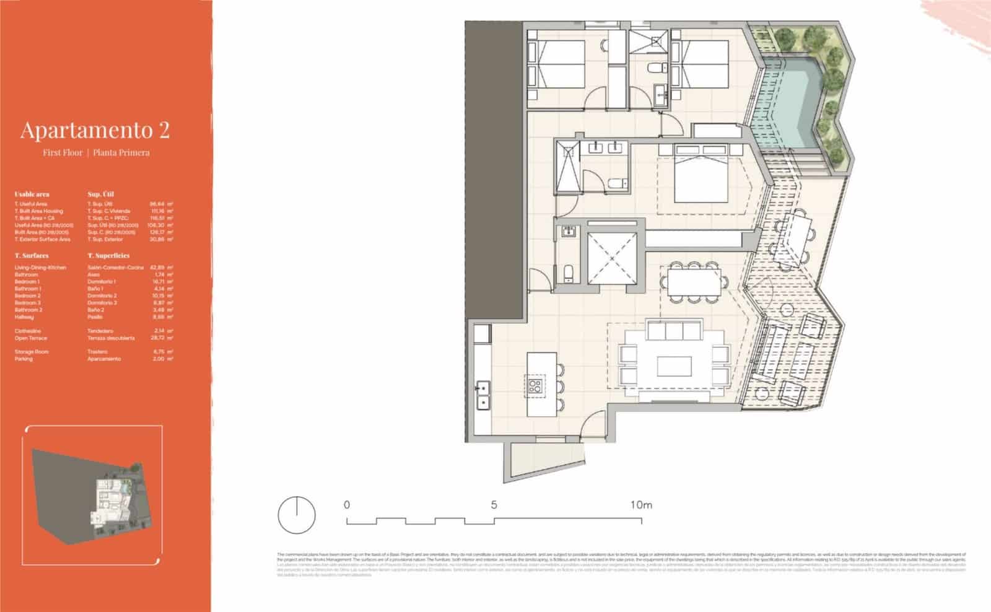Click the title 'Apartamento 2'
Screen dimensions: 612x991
point(95,130)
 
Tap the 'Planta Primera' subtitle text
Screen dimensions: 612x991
point(121,152)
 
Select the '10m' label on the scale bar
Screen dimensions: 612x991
point(641,505)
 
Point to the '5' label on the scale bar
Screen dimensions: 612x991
point(494,505)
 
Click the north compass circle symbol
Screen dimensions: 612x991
point(297,514)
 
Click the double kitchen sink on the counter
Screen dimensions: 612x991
point(482,395)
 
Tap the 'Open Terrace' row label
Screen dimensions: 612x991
point(30,338)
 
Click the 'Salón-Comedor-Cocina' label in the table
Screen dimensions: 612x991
point(116,268)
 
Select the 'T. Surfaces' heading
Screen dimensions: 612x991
point(32,255)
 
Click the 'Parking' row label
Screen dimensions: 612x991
point(24,359)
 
